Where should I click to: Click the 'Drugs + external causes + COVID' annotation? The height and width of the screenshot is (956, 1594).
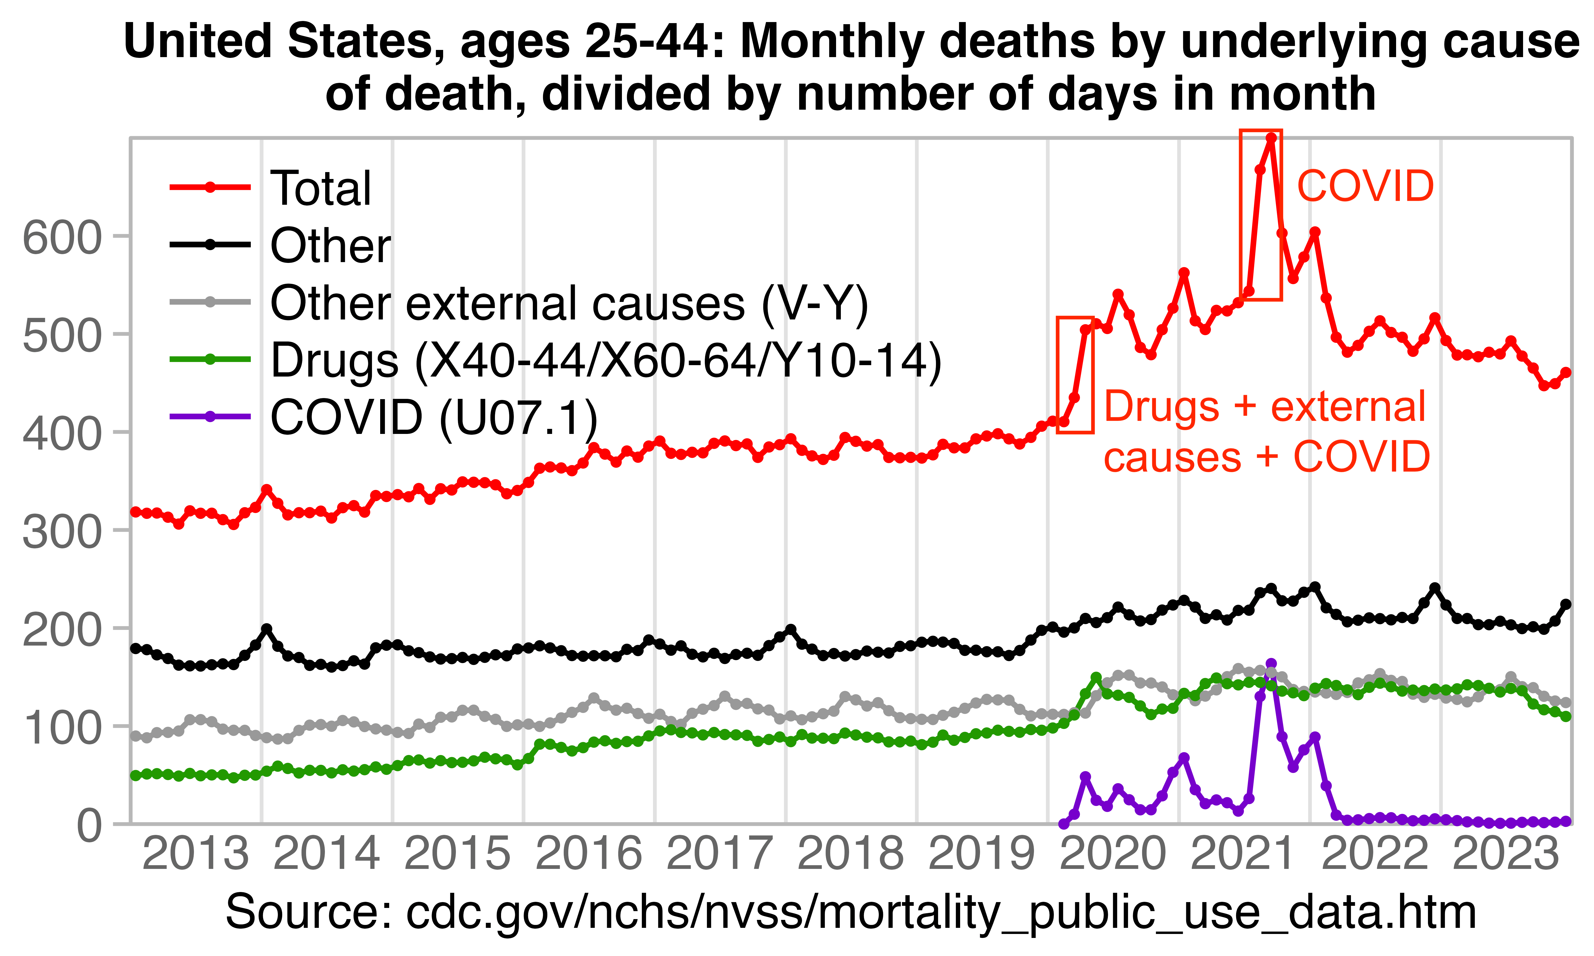coord(1266,432)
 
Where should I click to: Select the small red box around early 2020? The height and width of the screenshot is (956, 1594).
coord(1075,375)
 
